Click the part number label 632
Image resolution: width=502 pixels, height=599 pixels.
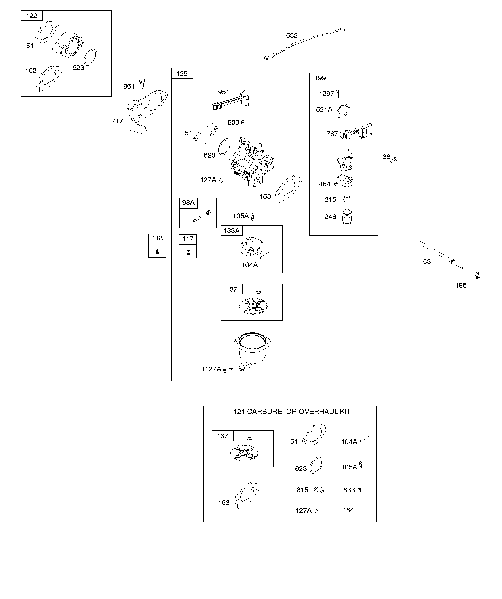pyautogui.click(x=291, y=35)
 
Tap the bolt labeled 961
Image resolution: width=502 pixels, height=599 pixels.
pyautogui.click(x=142, y=83)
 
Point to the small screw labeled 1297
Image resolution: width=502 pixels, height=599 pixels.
pyautogui.click(x=338, y=93)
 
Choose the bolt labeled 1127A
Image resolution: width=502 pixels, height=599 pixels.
pyautogui.click(x=228, y=370)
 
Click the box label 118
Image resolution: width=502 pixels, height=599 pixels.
pyautogui.click(x=157, y=238)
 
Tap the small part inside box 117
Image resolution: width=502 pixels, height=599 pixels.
pyautogui.click(x=188, y=252)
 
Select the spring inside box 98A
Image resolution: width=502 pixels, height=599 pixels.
pyautogui.click(x=208, y=212)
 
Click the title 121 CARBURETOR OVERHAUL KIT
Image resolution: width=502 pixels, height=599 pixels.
pyautogui.click(x=292, y=411)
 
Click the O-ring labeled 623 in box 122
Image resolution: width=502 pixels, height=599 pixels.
pyautogui.click(x=90, y=57)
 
